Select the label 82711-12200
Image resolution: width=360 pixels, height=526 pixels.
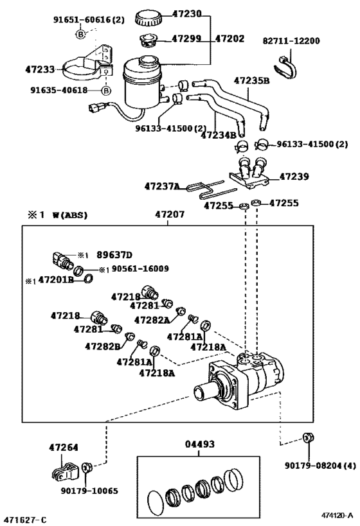click(291, 40)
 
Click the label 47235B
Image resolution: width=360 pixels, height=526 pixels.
click(251, 81)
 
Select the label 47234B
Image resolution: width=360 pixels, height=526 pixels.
click(220, 136)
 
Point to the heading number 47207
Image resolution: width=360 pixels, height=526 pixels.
click(169, 216)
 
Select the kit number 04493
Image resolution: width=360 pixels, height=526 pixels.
click(200, 444)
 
